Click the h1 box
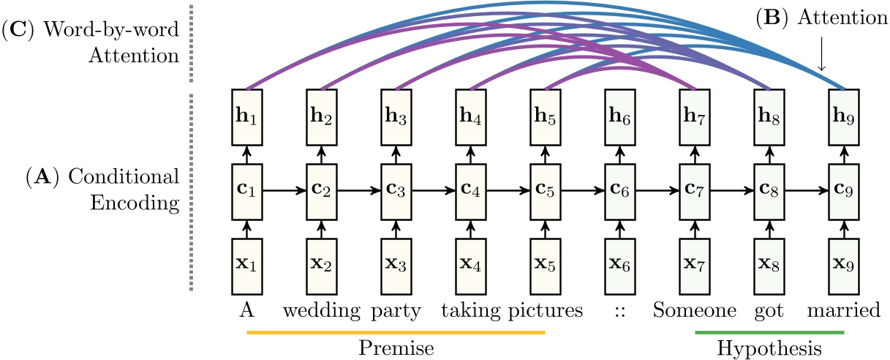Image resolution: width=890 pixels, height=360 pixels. tap(246, 115)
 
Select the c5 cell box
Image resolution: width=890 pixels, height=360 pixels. tap(545, 192)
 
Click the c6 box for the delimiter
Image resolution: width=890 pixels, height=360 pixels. tap(620, 192)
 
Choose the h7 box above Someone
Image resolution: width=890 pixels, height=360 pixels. tap(695, 115)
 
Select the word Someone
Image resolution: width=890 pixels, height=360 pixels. tap(694, 311)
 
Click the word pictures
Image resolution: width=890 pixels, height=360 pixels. tap(545, 311)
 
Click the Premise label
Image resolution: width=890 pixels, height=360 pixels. tap(396, 347)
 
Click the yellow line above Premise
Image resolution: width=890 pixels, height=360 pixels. tap(396, 332)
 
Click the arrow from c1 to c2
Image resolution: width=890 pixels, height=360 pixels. tap(284, 192)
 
